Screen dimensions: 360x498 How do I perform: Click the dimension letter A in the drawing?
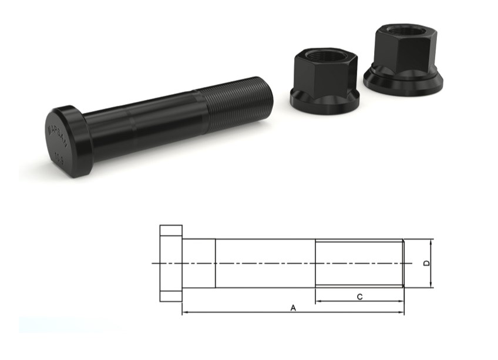[x=292, y=307]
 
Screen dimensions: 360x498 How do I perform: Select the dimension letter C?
[x=359, y=297]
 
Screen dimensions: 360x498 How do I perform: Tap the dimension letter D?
[x=427, y=263]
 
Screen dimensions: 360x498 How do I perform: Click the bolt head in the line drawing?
[x=171, y=263]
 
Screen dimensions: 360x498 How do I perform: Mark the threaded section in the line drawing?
[x=359, y=263]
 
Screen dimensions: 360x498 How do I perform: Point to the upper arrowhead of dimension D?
[x=432, y=241]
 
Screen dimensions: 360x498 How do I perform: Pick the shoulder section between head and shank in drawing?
[x=199, y=263]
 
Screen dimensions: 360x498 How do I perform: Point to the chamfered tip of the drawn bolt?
[x=403, y=263]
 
